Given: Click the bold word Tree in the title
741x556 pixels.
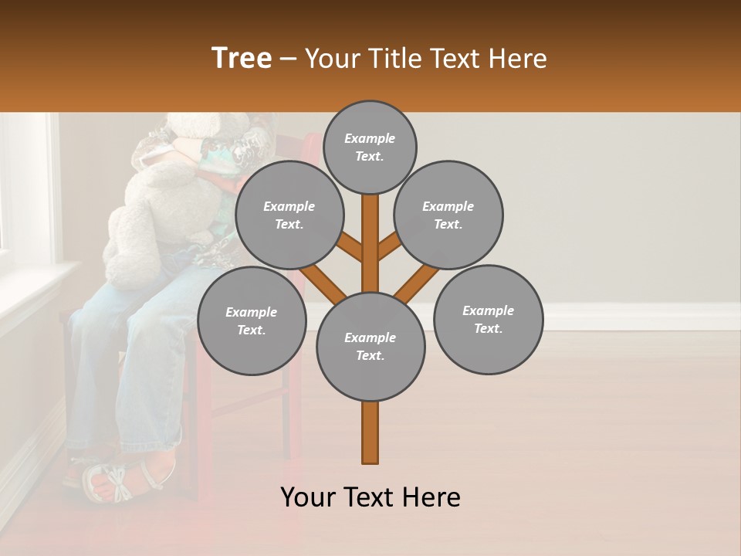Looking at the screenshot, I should pyautogui.click(x=242, y=59).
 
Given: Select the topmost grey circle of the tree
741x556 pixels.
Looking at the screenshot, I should pyautogui.click(x=370, y=147).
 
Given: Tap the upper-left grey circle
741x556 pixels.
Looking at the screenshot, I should pyautogui.click(x=289, y=215).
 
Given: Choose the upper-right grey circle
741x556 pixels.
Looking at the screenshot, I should pyautogui.click(x=448, y=215).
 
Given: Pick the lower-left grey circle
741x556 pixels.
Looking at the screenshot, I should pyautogui.click(x=252, y=320).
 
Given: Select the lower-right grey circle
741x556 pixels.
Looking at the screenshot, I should pyautogui.click(x=489, y=319).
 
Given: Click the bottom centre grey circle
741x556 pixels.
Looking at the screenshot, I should pyautogui.click(x=370, y=346).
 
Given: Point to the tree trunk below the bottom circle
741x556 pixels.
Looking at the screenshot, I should pyautogui.click(x=370, y=432).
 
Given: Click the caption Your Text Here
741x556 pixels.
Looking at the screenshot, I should pyautogui.click(x=370, y=497).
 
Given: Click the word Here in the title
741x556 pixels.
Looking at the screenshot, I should pyautogui.click(x=519, y=59).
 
